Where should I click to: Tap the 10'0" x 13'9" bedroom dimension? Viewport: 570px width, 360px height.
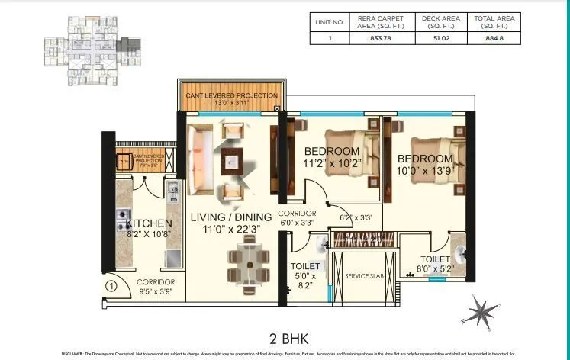425,172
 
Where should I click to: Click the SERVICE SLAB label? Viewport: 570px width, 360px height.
361,275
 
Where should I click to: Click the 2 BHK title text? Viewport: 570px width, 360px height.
284,336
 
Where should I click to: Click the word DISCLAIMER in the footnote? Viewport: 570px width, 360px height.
77,354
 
